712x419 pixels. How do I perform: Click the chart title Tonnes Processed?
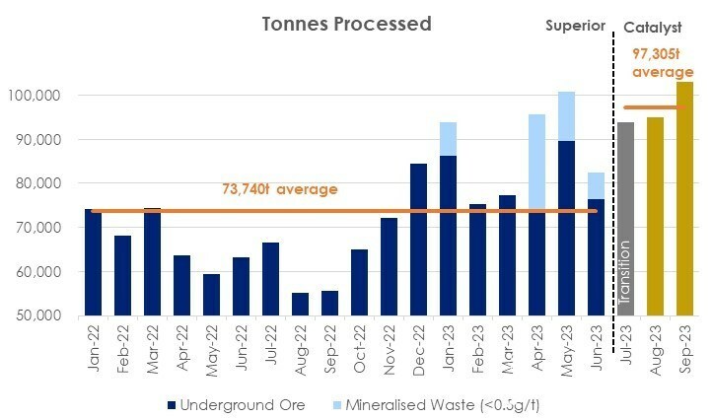[x=346, y=24]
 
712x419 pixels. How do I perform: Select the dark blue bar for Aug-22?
[x=300, y=305]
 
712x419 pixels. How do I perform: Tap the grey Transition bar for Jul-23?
[x=626, y=219]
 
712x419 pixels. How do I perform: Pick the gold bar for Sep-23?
[x=684, y=199]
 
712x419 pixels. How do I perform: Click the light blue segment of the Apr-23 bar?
[x=537, y=162]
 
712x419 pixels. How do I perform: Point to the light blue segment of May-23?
[x=567, y=116]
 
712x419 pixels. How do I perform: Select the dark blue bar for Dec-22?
[x=419, y=240]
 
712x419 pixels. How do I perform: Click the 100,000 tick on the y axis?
[x=35, y=96]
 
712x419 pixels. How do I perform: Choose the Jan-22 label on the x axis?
[x=94, y=349]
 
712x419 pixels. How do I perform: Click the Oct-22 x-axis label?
[x=360, y=349]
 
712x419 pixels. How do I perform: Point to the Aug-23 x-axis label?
[x=655, y=350]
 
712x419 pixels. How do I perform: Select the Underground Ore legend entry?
[x=237, y=405]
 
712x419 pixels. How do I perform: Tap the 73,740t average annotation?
[x=280, y=189]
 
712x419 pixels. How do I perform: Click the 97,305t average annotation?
[x=663, y=63]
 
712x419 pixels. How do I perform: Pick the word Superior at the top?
[x=575, y=26]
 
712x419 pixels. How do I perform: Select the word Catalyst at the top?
[x=653, y=28]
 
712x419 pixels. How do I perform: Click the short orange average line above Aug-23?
[x=655, y=107]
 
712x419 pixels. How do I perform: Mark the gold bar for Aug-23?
[x=655, y=217]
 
